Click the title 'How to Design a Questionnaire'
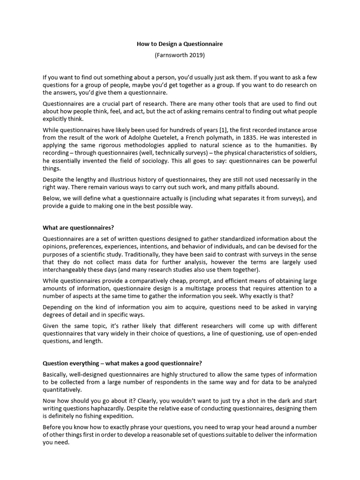(180, 44)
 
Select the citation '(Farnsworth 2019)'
(180, 55)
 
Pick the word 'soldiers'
(304, 153)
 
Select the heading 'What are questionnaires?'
(78, 228)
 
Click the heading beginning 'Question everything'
(129, 363)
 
